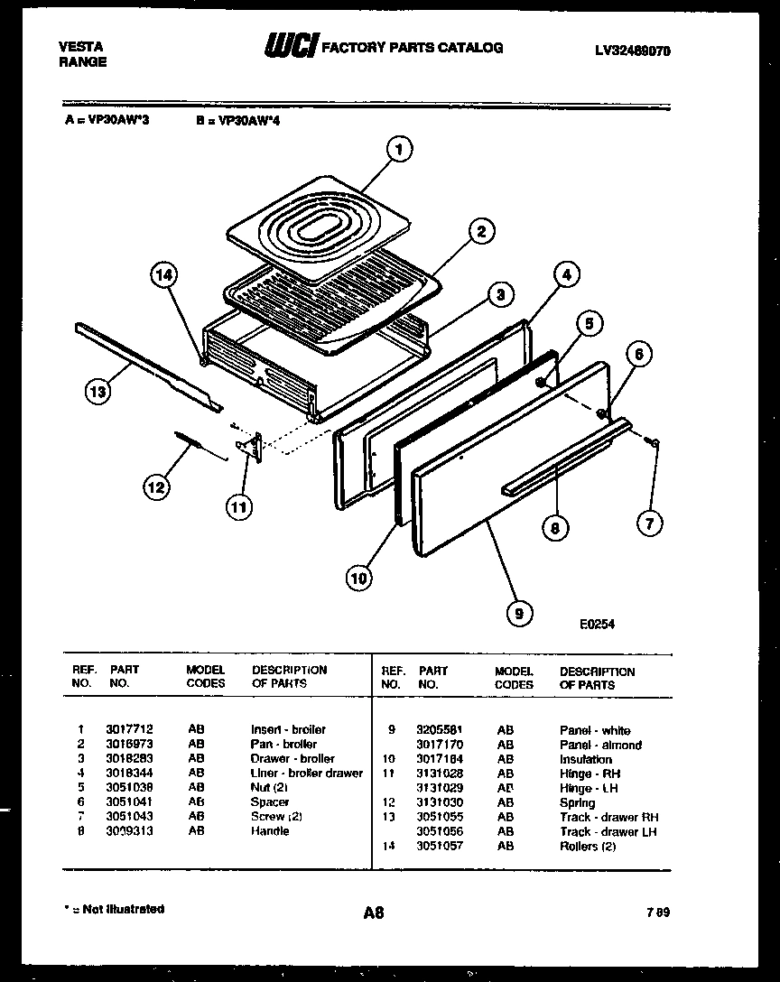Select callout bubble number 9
coord(517,614)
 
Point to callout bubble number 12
coord(155,487)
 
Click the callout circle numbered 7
coord(649,522)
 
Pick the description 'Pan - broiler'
coord(283,744)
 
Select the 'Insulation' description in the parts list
coord(585,759)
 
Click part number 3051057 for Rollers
coord(440,846)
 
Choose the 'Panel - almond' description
coord(600,745)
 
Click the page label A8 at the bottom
coord(374,913)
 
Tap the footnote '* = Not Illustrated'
coord(114,909)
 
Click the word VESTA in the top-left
coord(80,46)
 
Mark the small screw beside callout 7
coord(654,440)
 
